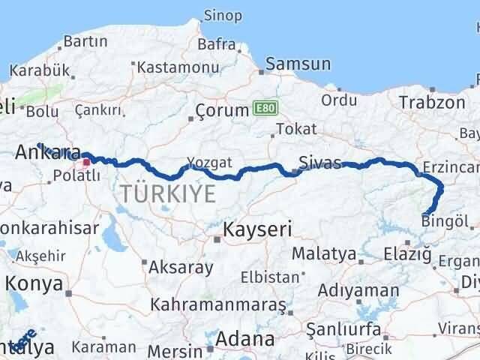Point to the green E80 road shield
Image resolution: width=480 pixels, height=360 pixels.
coord(263,108)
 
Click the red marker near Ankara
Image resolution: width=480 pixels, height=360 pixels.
coord(87,161)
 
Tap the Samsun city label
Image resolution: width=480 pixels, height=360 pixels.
coord(297,64)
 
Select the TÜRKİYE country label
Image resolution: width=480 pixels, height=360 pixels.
coord(167,194)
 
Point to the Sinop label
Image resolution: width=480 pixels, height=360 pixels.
coord(223,16)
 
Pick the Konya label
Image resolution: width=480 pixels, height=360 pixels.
coord(31,283)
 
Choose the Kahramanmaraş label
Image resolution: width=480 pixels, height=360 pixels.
coord(218,305)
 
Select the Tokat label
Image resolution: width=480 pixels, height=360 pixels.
coord(296,129)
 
